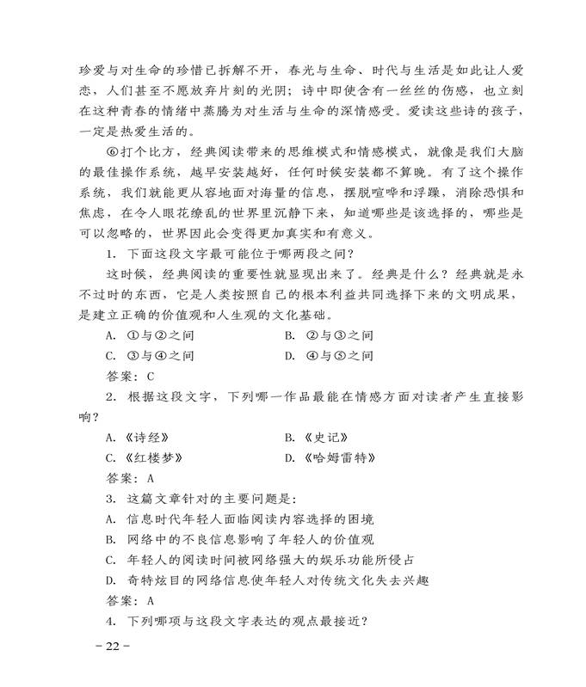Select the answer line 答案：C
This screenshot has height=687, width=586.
pos(129,376)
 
